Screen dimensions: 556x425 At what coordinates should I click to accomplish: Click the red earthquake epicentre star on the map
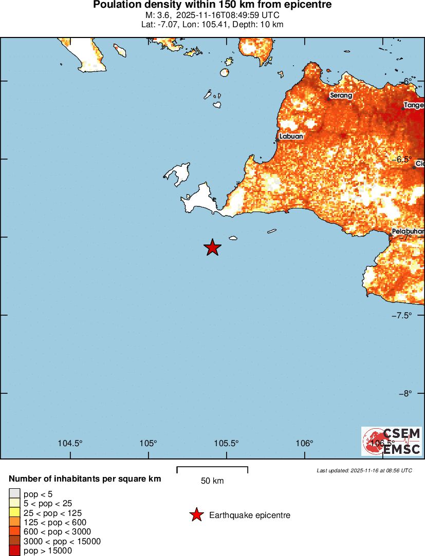212,247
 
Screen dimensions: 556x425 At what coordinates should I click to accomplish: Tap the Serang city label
341,95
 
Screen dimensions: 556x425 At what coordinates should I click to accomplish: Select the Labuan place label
291,137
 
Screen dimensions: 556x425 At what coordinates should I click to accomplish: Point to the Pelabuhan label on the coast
408,232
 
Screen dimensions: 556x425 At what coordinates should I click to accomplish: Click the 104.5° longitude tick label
70,444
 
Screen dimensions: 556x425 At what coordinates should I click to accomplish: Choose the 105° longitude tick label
149,444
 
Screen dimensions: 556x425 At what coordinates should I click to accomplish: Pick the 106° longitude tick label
305,444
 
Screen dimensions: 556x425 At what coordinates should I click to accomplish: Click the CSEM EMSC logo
392,441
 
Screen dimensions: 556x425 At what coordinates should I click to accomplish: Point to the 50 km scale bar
212,470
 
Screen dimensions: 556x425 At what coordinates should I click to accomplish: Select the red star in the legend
196,515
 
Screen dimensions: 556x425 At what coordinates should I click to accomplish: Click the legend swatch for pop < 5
14,494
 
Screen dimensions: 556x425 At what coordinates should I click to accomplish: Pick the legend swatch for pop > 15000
14,551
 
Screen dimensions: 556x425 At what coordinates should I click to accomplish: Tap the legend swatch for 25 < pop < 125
14,513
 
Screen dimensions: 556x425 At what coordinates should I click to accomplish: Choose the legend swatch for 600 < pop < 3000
14,532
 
